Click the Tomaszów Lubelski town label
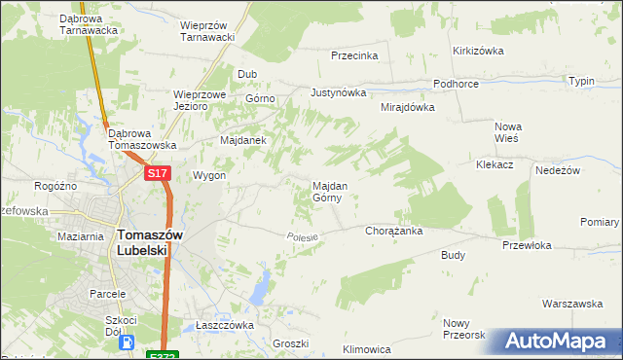pyautogui.click(x=143, y=241)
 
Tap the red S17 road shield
pyautogui.click(x=159, y=173)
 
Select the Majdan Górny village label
pyautogui.click(x=327, y=191)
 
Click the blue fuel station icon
pyautogui.click(x=126, y=342)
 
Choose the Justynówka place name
pyautogui.click(x=338, y=93)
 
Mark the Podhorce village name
pyautogui.click(x=456, y=85)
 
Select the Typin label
pyautogui.click(x=581, y=81)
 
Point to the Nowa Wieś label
pyautogui.click(x=508, y=132)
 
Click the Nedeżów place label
pyautogui.click(x=558, y=169)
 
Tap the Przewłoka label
pyautogui.click(x=527, y=246)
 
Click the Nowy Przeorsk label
pyautogui.click(x=463, y=329)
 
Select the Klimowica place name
pyautogui.click(x=367, y=348)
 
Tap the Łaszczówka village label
pyautogui.click(x=224, y=325)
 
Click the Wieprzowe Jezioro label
pyautogui.click(x=200, y=101)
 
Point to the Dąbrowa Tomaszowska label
pyautogui.click(x=142, y=138)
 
